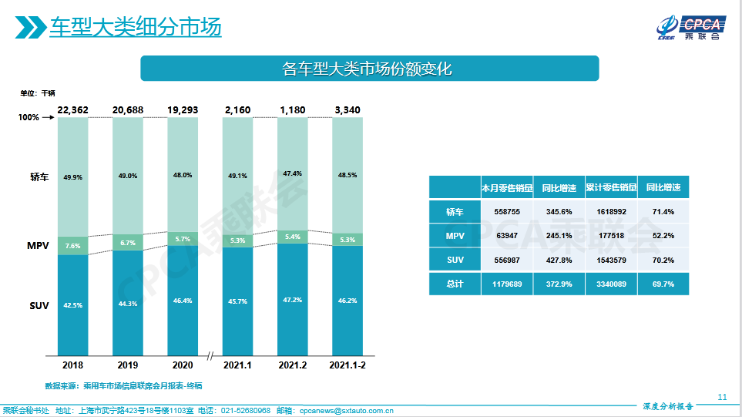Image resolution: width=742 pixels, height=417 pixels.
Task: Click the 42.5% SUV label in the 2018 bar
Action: (73, 305)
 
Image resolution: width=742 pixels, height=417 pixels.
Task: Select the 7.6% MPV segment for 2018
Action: (73, 246)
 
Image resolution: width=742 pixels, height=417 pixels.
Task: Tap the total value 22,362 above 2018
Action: (73, 110)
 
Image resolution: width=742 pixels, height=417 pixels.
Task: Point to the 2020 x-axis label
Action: (183, 365)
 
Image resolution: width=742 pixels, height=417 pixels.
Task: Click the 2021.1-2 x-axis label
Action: (347, 365)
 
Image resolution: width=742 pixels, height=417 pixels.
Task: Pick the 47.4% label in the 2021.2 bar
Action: (292, 173)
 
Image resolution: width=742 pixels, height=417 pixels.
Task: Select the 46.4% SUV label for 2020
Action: (183, 301)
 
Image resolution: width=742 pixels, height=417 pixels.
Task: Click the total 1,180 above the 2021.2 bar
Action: (292, 110)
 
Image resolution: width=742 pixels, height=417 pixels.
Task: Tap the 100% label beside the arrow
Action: (29, 118)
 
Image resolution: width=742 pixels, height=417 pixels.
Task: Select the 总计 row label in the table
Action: (455, 284)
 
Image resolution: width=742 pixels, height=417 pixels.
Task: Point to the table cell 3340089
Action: (611, 284)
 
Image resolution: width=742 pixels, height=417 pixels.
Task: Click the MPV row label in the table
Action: (455, 236)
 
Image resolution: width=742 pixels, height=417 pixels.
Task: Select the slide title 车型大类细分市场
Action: (136, 28)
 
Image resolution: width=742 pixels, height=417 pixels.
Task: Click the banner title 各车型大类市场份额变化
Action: (368, 69)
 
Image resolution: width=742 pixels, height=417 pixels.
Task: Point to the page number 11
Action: (722, 397)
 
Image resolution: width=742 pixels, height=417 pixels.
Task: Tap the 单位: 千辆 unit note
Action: (38, 93)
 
